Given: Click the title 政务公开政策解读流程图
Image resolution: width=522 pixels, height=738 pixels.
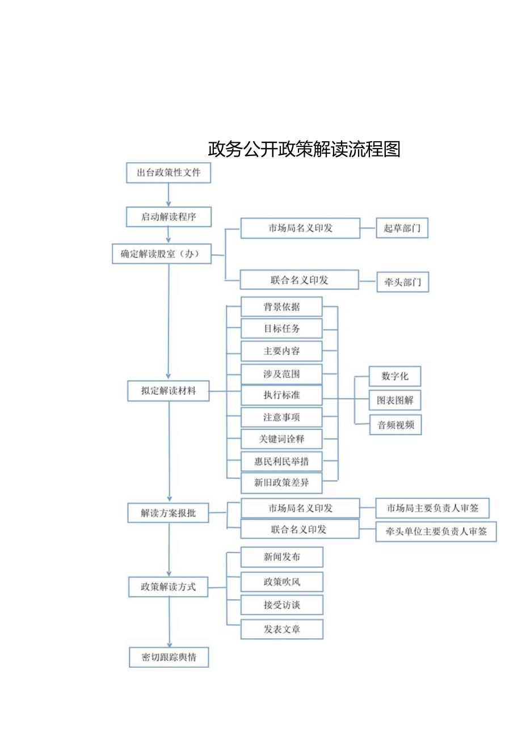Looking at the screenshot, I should pyautogui.click(x=304, y=149).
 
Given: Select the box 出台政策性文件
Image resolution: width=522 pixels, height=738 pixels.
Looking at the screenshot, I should pyautogui.click(x=168, y=173).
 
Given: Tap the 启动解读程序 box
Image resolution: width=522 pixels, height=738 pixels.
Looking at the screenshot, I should pyautogui.click(x=169, y=217).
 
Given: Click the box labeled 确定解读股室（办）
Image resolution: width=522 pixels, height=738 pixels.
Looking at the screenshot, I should pyautogui.click(x=162, y=254).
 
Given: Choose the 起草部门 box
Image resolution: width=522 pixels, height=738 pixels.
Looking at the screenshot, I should pyautogui.click(x=402, y=228).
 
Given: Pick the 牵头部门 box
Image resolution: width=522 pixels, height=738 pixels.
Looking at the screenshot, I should pyautogui.click(x=402, y=282).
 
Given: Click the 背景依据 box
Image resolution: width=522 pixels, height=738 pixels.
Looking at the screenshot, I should pyautogui.click(x=281, y=307).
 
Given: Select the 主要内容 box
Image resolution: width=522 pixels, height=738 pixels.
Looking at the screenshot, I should pyautogui.click(x=281, y=351).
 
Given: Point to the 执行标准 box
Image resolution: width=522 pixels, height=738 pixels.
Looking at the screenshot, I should pyautogui.click(x=281, y=395).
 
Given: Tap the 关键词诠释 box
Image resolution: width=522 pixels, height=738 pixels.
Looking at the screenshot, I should pyautogui.click(x=281, y=439).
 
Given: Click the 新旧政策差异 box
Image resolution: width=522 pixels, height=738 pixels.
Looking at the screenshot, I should pyautogui.click(x=281, y=483).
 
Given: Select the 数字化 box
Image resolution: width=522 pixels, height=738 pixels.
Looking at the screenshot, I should pyautogui.click(x=394, y=376).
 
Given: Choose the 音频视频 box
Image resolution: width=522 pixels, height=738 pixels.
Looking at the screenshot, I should pyautogui.click(x=395, y=425).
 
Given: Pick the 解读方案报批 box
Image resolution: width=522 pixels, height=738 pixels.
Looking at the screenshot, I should pyautogui.click(x=169, y=513).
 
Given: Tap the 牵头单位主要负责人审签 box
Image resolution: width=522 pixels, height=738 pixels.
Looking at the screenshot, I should pyautogui.click(x=436, y=532).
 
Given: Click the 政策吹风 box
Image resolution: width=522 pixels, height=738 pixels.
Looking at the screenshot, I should pyautogui.click(x=281, y=581).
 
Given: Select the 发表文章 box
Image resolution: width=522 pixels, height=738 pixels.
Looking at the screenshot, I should pyautogui.click(x=281, y=629).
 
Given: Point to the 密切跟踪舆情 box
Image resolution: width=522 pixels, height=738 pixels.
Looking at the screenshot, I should pyautogui.click(x=169, y=657).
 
